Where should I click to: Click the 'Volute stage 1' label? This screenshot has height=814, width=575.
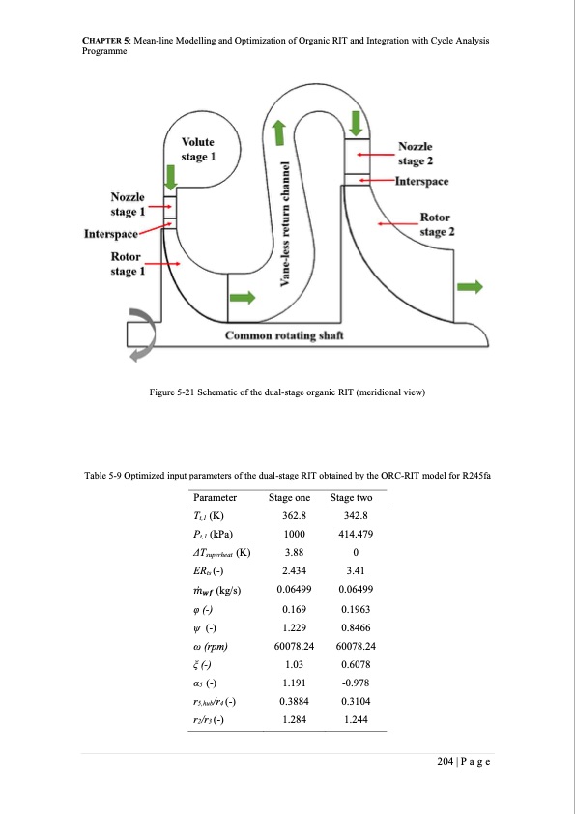pyautogui.click(x=197, y=150)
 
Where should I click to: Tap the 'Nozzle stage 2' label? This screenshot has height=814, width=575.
pyautogui.click(x=416, y=154)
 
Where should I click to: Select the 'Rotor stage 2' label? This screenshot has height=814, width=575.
pyautogui.click(x=437, y=224)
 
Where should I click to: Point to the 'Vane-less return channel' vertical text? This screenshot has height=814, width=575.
pyautogui.click(x=284, y=223)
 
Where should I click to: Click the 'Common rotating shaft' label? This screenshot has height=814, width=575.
pyautogui.click(x=284, y=335)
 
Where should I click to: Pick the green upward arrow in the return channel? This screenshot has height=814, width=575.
pyautogui.click(x=279, y=132)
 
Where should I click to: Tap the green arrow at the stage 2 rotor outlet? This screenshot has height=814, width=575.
pyautogui.click(x=470, y=286)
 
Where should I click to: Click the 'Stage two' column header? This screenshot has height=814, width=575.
pyautogui.click(x=352, y=497)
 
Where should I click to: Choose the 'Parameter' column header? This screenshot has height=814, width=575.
pyautogui.click(x=215, y=497)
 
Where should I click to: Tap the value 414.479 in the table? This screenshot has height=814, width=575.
pyautogui.click(x=356, y=535)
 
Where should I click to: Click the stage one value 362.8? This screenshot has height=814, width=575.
pyautogui.click(x=294, y=515)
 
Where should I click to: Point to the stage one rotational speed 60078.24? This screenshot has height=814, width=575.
pyautogui.click(x=294, y=647)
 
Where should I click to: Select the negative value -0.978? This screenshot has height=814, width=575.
pyautogui.click(x=356, y=683)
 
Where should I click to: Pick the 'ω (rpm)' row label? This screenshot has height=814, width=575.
pyautogui.click(x=210, y=647)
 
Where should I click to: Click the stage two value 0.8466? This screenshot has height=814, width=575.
pyautogui.click(x=356, y=628)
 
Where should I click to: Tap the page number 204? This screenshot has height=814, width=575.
pyautogui.click(x=446, y=762)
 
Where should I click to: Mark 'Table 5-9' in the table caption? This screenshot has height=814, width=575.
pyautogui.click(x=103, y=476)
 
